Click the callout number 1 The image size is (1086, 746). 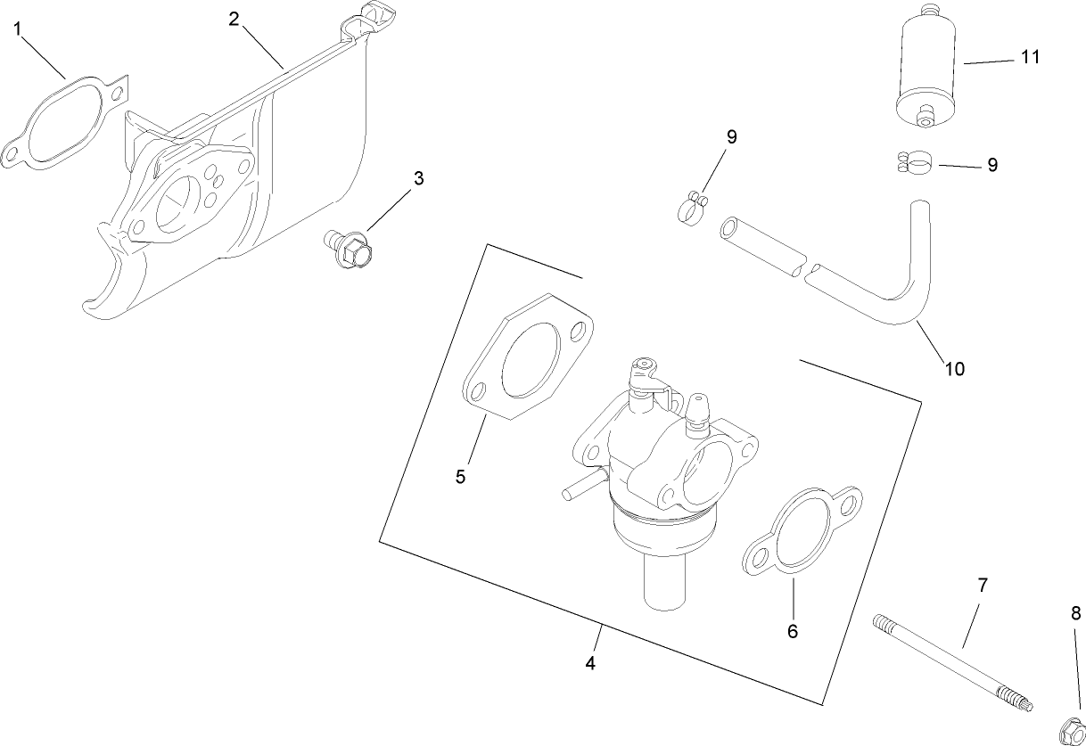point(18,29)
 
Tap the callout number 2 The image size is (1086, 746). point(234,19)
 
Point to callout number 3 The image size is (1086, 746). point(418,178)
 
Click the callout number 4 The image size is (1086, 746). point(590,664)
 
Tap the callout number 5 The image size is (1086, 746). point(460,477)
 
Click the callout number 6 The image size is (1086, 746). point(792,632)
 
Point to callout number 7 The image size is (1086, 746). point(983,586)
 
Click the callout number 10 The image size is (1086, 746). point(954,368)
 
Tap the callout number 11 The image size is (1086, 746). point(1030,57)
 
